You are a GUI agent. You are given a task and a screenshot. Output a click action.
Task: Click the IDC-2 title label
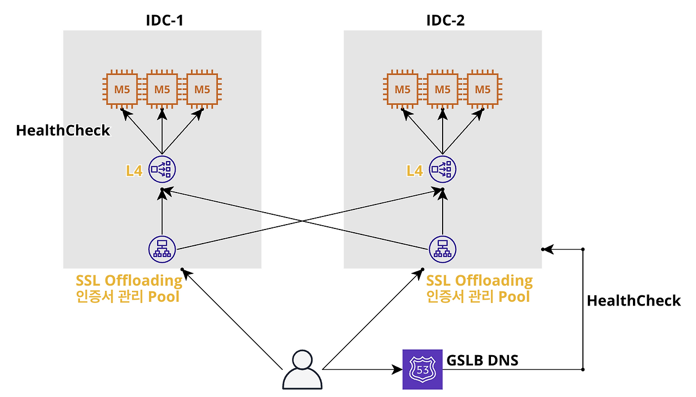445,21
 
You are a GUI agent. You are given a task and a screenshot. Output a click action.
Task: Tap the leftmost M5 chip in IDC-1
122,89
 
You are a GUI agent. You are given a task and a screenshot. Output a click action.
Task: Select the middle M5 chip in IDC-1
162,89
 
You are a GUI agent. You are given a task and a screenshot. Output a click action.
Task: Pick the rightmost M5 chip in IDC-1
202,89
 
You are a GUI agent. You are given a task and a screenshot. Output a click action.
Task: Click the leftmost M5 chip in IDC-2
402,89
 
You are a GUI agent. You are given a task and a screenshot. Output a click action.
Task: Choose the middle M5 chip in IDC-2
443,89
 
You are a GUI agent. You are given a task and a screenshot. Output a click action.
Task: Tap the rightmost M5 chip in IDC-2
483,89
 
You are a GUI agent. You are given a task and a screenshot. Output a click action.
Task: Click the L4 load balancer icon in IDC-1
162,170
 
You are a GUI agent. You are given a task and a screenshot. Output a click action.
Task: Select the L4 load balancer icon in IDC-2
443,170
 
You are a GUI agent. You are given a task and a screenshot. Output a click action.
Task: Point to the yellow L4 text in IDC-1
134,171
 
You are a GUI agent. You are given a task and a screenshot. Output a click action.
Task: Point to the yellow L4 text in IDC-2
414,171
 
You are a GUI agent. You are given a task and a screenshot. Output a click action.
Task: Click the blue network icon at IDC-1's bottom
162,249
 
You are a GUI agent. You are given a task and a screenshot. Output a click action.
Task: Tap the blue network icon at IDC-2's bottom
443,249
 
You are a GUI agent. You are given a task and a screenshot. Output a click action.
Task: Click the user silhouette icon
302,370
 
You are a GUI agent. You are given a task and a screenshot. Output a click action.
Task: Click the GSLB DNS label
482,360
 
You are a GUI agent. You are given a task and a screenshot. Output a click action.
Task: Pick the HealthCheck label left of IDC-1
63,131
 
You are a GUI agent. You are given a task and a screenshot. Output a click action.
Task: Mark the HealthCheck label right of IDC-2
633,301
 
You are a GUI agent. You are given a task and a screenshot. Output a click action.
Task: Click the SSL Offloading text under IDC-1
129,281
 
